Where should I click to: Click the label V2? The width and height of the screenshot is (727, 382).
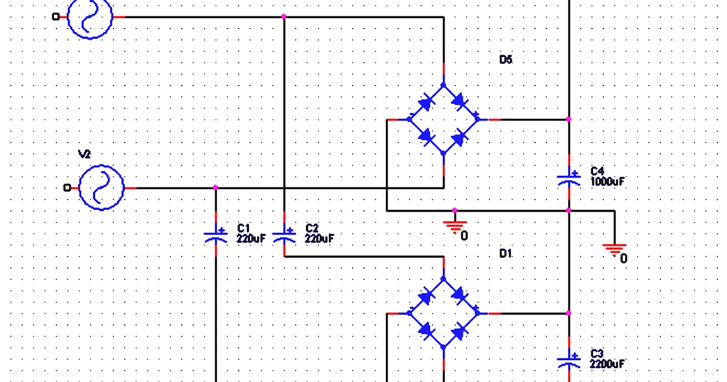pos(85,155)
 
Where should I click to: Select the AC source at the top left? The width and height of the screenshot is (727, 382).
pos(90,17)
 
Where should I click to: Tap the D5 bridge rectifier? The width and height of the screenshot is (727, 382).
pos(443,119)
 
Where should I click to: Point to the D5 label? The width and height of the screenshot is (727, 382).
pos(506,59)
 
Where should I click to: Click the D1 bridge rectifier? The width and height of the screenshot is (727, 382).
pos(443,313)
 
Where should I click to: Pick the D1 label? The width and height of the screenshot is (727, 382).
pos(506,253)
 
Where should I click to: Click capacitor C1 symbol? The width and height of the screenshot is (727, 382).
pos(216,234)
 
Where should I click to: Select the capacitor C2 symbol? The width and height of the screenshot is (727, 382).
pos(284,234)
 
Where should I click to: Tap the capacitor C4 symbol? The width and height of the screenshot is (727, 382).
pos(569,178)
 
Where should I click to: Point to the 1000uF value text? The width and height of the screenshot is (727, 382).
pos(608,181)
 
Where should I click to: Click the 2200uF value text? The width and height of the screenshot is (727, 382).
pos(608,364)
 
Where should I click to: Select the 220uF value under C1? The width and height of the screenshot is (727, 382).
pos(251,238)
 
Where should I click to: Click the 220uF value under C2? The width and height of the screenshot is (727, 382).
pos(319,238)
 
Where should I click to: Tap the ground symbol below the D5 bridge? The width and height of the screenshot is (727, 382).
pos(454,226)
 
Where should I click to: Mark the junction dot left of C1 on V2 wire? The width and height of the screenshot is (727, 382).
pos(216,188)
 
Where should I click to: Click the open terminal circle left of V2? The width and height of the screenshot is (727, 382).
pos(67,188)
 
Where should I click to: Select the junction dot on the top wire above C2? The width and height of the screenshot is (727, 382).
pos(284,17)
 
